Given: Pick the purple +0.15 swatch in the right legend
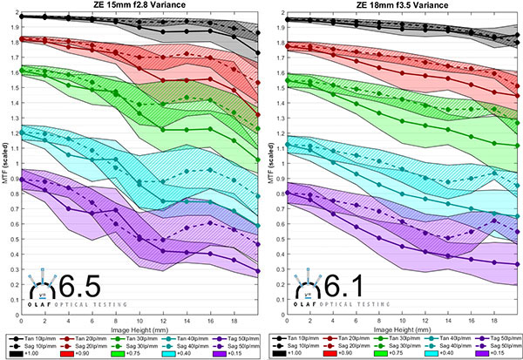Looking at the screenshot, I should (480, 354).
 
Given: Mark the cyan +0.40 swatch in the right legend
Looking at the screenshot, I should (432, 354).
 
